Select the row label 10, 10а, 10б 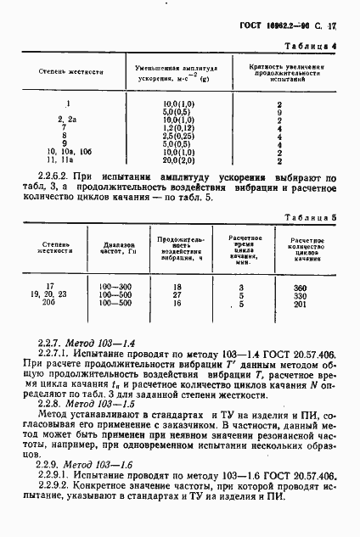coord(66,149)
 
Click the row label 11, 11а coord(66,159)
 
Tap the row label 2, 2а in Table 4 coord(66,120)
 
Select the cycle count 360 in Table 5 coord(298,288)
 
